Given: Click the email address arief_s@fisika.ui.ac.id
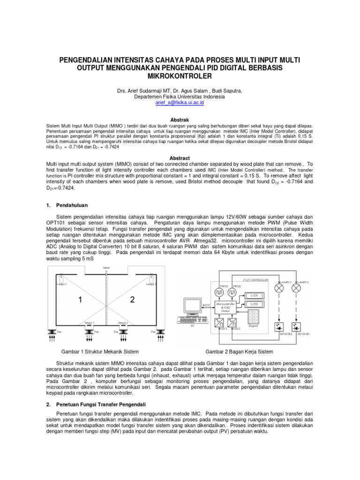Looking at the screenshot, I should coord(180,102).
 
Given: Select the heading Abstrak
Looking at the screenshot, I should coord(180,120).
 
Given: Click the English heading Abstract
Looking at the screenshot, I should coord(180,158).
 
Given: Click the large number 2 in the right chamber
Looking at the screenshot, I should coord(132,298).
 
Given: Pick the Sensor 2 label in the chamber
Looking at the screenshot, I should coord(122,323).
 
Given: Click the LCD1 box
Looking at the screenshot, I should coord(255,295).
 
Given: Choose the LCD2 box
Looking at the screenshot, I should coord(255,304).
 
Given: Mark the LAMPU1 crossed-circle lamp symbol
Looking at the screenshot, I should coord(296,289).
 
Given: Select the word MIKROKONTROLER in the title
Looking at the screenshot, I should coord(180,75).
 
